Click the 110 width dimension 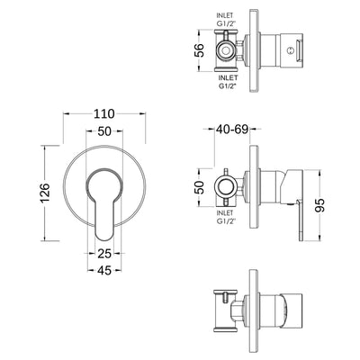(x=104, y=114)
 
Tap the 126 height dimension (x=45, y=193)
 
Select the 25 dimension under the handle (x=104, y=254)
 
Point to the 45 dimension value (x=104, y=271)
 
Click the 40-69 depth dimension (x=232, y=130)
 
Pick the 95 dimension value (x=320, y=205)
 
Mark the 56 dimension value (x=199, y=50)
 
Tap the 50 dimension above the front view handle (x=104, y=131)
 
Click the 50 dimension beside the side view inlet (x=201, y=187)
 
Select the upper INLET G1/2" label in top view (x=226, y=20)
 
